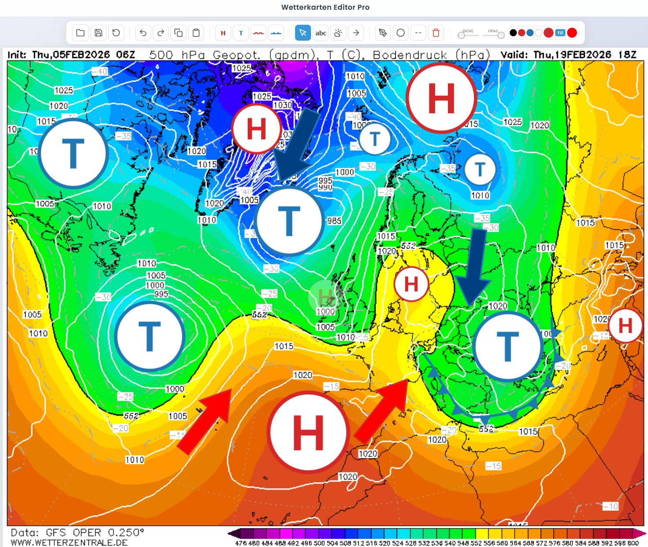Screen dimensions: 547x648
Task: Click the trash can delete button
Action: click(436, 33)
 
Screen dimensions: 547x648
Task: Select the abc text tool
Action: click(321, 33)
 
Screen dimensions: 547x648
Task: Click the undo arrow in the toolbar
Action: click(143, 33)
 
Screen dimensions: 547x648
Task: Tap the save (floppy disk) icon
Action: click(99, 33)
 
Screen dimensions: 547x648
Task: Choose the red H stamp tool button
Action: click(223, 33)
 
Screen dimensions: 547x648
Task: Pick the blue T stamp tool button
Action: click(241, 33)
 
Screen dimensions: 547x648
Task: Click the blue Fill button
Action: click(560, 33)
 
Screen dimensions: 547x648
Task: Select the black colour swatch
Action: click(513, 33)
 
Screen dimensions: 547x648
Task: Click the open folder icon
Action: click(80, 33)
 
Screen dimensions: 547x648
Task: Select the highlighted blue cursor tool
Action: click(303, 33)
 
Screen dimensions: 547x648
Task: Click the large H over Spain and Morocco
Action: click(308, 432)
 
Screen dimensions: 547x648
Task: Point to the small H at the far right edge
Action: click(625, 326)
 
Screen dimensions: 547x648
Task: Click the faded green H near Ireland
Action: click(326, 296)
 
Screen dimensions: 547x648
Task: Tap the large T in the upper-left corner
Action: click(73, 153)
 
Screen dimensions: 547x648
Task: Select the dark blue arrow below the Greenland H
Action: click(296, 146)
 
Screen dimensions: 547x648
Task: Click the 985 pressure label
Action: click(334, 220)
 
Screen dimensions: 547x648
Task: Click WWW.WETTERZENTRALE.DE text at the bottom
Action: click(69, 542)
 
